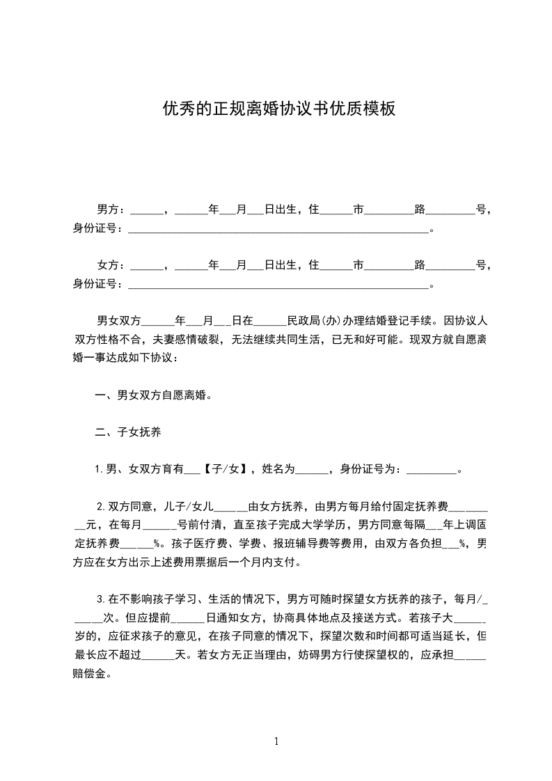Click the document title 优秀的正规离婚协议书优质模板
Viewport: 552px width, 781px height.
279,109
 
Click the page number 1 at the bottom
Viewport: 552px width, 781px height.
276,741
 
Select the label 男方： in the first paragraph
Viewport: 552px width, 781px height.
111,209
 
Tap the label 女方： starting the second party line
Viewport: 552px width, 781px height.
111,265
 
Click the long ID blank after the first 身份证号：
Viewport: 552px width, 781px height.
278,228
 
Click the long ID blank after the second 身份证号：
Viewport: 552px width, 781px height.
278,285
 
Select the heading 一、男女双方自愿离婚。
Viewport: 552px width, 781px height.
153,395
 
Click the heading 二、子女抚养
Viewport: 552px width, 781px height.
128,432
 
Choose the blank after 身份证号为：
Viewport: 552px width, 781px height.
429,470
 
